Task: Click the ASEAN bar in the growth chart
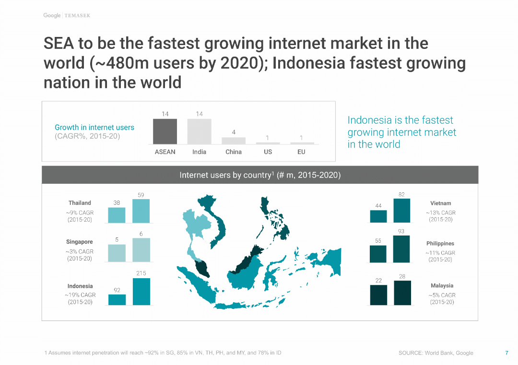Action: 165,131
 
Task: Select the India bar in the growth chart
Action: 199,131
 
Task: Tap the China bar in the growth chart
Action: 234,141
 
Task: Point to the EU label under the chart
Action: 301,152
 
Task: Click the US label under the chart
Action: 268,152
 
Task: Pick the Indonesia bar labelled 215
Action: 141,292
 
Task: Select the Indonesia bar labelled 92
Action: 117,299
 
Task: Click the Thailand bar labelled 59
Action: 141,211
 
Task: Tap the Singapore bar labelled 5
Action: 117,253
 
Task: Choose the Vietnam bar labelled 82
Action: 402,211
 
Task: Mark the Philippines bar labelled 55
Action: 378,254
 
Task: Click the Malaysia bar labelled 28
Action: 402,293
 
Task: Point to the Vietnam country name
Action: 441,203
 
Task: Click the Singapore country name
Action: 80,242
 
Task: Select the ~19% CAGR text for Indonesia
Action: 80,295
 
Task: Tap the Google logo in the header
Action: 52,15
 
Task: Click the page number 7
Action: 506,353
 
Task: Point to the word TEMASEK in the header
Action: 77,16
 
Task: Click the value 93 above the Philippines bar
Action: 401,231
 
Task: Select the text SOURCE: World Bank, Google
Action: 436,353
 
